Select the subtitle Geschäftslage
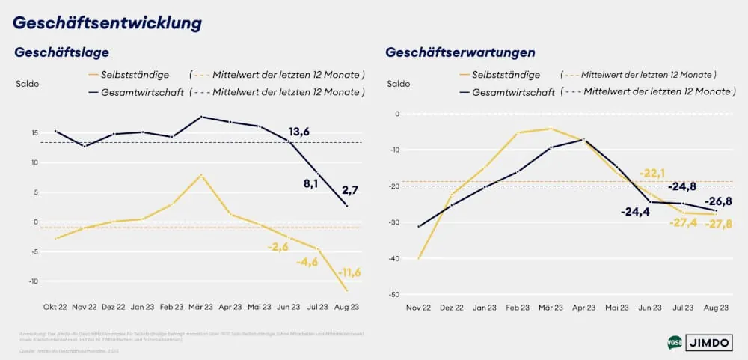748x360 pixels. point(62,52)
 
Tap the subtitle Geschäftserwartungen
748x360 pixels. point(460,52)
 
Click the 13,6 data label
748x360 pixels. point(299,132)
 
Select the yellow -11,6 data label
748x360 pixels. point(349,272)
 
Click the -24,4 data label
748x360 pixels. point(635,212)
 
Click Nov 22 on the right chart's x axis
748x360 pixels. point(418,307)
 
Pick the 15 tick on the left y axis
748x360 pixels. point(34,133)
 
